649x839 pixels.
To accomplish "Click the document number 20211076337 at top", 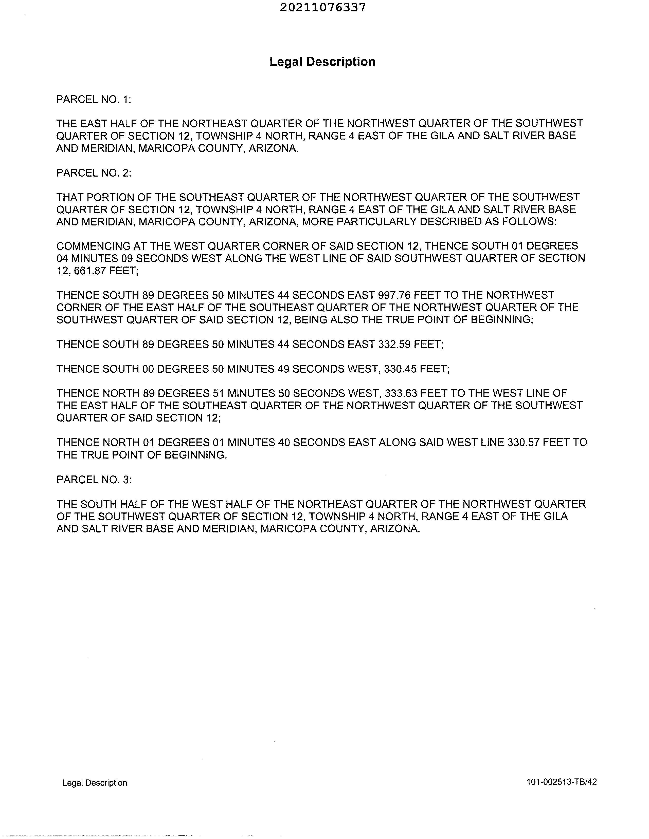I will [322, 8].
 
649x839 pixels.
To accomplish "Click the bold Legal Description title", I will [322, 62].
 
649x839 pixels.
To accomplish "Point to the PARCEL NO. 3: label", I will [94, 480].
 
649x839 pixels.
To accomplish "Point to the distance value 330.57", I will [523, 443].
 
